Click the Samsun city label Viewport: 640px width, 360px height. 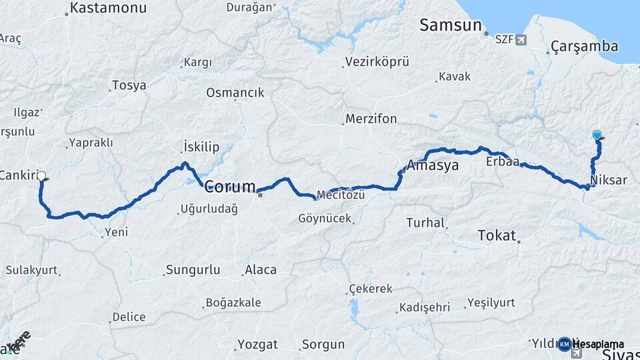click(450, 25)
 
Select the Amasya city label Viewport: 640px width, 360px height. click(433, 165)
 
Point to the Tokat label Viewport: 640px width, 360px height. click(497, 235)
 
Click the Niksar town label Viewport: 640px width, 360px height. click(609, 181)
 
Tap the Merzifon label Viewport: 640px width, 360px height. click(371, 119)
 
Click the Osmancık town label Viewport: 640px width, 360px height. click(235, 93)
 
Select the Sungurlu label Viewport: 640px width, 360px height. click(192, 270)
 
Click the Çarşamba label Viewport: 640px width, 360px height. click(585, 47)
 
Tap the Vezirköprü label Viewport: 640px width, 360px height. click(377, 62)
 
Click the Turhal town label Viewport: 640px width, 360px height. click(425, 223)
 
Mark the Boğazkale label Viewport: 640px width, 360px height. click(233, 303)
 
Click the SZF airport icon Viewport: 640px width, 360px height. click(521, 39)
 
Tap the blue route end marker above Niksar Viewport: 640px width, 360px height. click(597, 135)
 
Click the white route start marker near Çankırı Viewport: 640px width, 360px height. click(41, 177)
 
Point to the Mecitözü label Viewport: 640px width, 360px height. click(341, 195)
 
